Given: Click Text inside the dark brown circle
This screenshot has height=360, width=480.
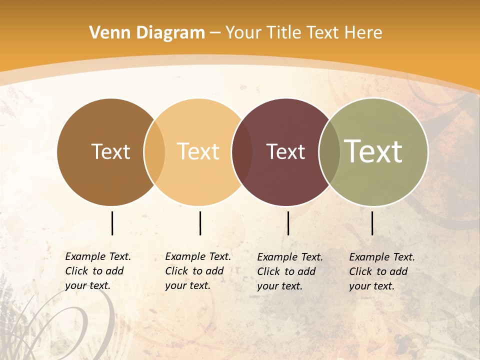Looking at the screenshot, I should [110, 151].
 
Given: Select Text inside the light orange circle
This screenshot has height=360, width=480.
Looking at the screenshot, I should [198, 151].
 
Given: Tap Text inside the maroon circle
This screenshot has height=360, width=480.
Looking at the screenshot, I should [285, 151].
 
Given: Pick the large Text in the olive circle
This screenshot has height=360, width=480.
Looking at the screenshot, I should [373, 151].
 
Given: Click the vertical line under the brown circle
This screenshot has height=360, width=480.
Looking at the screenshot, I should [112, 223].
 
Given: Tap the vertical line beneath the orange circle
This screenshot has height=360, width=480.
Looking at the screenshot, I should [200, 223].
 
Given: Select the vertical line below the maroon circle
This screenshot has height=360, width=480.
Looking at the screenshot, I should [288, 223].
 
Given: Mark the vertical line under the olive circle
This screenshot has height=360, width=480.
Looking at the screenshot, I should [372, 223].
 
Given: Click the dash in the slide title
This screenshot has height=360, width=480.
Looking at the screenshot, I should [215, 33].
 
